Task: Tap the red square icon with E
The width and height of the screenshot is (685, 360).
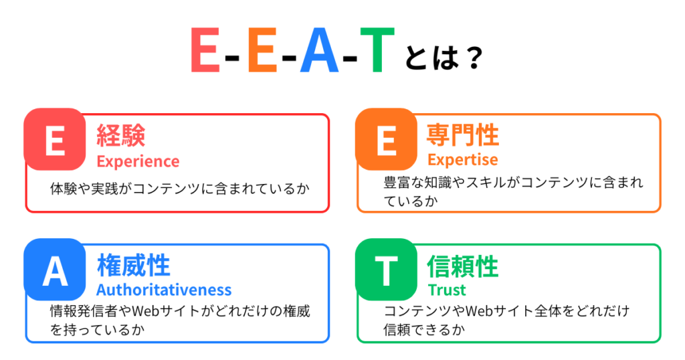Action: click(x=54, y=139)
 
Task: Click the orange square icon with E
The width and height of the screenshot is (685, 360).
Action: click(x=386, y=139)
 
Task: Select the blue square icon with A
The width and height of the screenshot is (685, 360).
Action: click(x=54, y=270)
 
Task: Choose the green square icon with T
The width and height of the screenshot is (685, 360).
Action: click(x=386, y=270)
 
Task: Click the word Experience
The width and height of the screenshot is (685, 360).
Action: click(x=138, y=161)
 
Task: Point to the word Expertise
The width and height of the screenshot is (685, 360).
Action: click(x=462, y=160)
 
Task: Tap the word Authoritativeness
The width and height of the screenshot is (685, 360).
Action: click(x=164, y=290)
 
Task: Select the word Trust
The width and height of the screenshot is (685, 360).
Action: click(x=447, y=290)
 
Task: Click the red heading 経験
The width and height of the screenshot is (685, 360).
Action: click(x=121, y=136)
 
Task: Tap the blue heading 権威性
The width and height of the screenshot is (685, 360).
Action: click(x=133, y=266)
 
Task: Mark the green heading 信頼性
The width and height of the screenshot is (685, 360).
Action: click(x=462, y=266)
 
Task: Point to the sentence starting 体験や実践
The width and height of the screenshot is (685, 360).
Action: click(x=179, y=189)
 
